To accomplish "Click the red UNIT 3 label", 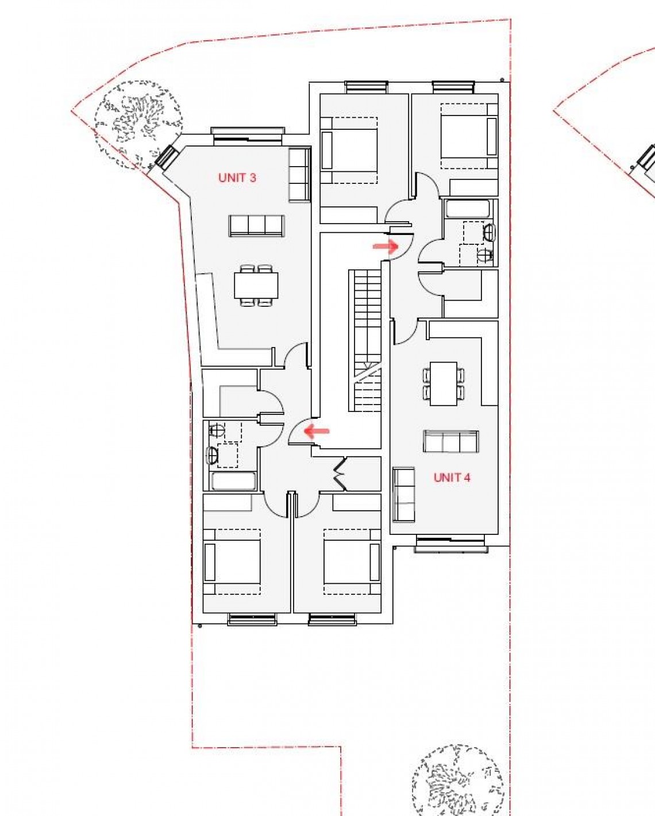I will (x=237, y=178).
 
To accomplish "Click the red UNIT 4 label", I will (x=452, y=477).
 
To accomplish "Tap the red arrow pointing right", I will (x=386, y=247).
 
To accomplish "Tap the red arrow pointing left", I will (x=317, y=430).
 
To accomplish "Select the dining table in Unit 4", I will (x=444, y=383).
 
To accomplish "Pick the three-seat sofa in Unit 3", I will (x=256, y=225).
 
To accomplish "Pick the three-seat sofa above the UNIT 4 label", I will (x=451, y=441).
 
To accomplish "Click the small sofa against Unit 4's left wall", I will (x=403, y=494).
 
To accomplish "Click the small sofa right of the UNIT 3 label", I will (x=299, y=175).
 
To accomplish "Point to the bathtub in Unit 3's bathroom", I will (x=233, y=481).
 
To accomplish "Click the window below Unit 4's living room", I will (x=452, y=544).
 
